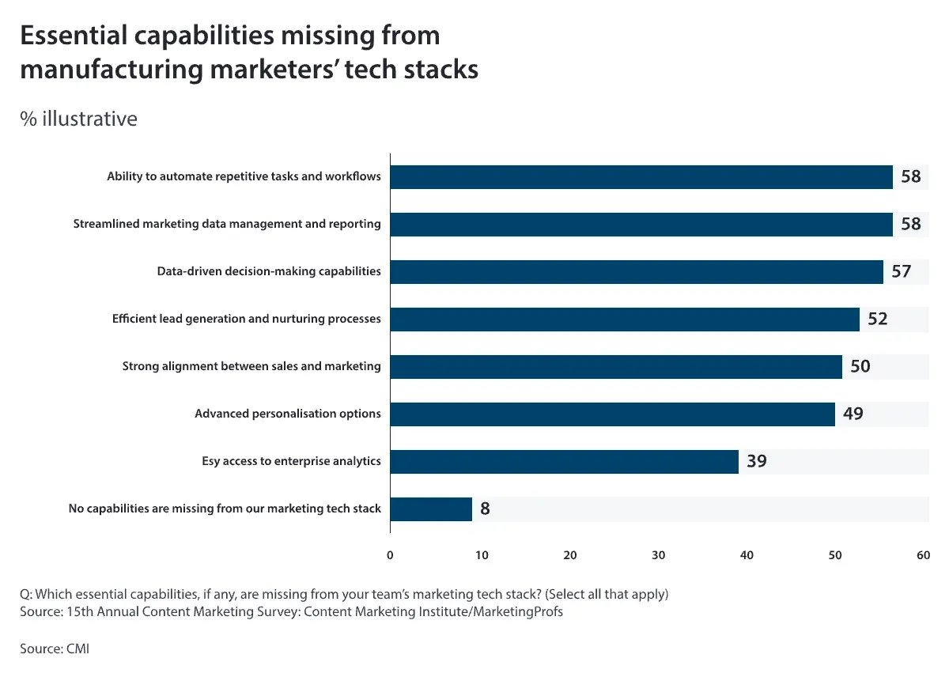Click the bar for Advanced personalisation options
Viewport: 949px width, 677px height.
pos(613,414)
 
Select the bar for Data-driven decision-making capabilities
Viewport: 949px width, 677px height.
pos(637,272)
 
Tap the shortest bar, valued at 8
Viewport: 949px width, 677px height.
pos(431,509)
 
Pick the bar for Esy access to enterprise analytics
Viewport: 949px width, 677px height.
pos(565,461)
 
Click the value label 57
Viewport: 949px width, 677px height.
pos(901,272)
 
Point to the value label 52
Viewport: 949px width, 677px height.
pos(877,320)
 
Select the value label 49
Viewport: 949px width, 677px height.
pos(853,414)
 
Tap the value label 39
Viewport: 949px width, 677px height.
pos(756,461)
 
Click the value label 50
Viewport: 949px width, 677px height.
pos(860,367)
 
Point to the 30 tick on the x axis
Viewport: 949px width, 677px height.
pos(659,555)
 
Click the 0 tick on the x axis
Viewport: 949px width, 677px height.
pos(390,555)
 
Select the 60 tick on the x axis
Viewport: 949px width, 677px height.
pos(923,555)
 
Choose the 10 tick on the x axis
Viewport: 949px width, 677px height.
pos(482,555)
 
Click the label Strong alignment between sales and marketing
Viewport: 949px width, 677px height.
pos(251,366)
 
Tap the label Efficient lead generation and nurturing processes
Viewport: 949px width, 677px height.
pos(246,320)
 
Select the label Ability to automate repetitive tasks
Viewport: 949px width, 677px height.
pos(244,176)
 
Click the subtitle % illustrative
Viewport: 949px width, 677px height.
pos(78,119)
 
